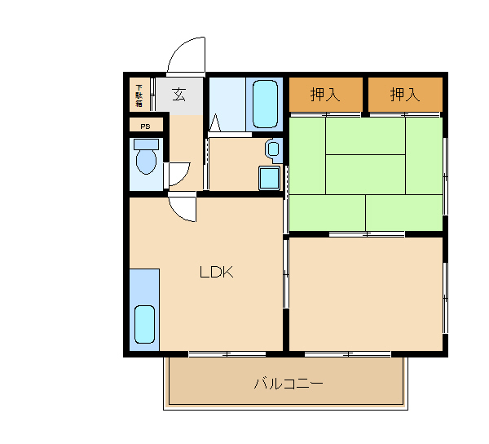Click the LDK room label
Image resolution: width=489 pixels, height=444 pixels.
217,272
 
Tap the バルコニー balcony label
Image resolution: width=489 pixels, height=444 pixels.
289,383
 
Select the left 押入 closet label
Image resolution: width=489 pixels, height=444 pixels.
325,95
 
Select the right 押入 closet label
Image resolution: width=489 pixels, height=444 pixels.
405,95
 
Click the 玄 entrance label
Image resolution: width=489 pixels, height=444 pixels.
179,94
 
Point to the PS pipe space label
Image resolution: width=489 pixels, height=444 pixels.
145,127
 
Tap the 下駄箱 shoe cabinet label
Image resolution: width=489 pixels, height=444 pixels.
139,95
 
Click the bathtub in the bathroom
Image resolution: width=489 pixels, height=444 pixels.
265,104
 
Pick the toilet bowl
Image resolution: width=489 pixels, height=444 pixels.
146,162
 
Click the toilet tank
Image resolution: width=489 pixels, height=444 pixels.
146,144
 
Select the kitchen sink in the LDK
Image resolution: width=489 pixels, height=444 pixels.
144,324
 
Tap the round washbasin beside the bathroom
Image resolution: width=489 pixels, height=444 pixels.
274,149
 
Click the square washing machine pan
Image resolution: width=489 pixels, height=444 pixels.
269,178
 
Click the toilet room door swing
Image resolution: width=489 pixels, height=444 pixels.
184,178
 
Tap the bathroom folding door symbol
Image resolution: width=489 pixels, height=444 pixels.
215,123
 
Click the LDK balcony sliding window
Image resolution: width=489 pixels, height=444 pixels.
227,354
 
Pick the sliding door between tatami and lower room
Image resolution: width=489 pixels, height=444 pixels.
367,234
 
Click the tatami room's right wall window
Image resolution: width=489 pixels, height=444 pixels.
445,176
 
